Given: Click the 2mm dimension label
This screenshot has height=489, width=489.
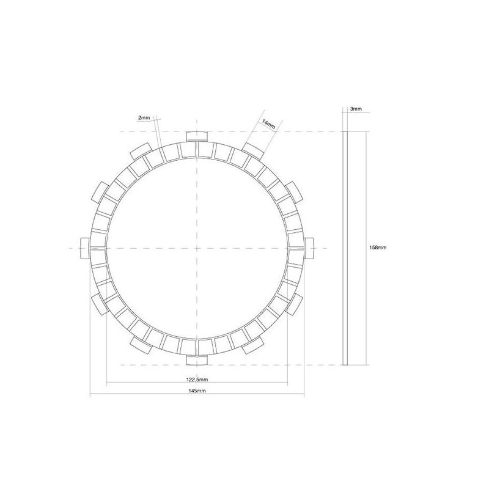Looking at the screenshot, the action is tap(144, 117).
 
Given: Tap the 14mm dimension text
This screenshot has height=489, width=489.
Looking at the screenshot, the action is tap(268, 124).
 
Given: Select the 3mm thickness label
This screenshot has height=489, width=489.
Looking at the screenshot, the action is tap(356, 109).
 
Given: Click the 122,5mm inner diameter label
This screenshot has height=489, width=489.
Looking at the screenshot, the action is tap(197, 380).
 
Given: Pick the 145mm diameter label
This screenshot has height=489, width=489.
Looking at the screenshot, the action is tap(197, 391).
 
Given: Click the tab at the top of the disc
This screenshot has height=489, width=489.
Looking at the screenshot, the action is tap(197, 136).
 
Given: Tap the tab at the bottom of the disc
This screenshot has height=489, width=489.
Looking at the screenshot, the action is tap(197, 360).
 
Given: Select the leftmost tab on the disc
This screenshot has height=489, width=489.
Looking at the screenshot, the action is tap(85, 248).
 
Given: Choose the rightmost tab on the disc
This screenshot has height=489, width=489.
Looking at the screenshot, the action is tap(309, 248).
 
